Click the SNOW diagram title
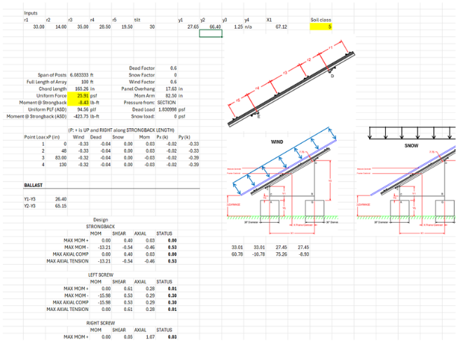coord(410,146)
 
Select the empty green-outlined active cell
coord(210,33)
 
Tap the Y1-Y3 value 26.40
coord(61,199)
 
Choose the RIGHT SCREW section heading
coord(101,323)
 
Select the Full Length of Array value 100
coord(76,83)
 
